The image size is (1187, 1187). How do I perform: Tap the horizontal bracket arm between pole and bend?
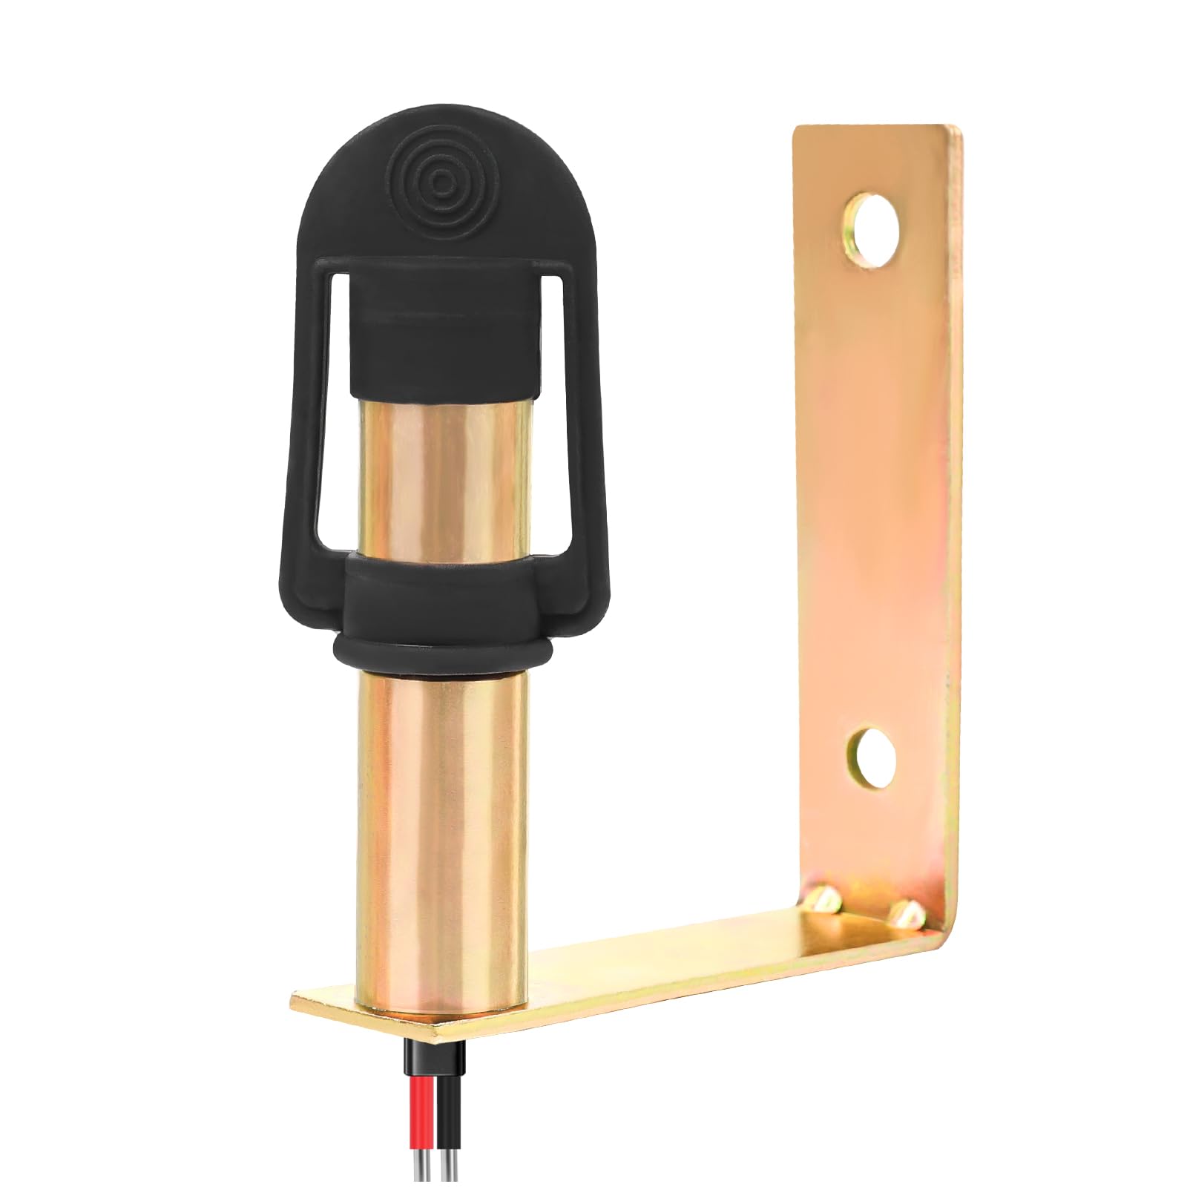[668, 964]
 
